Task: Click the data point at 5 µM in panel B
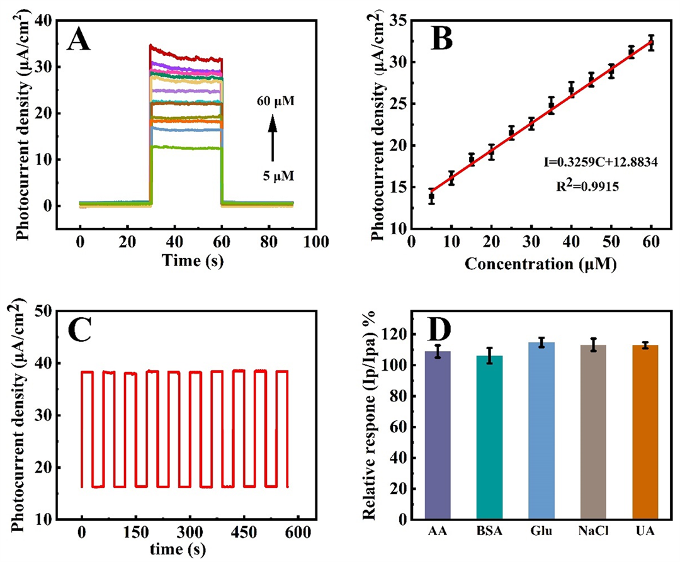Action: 431,197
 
